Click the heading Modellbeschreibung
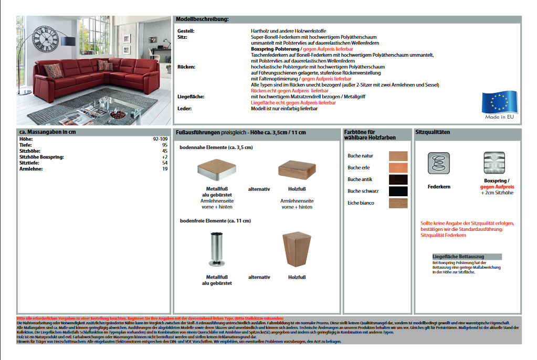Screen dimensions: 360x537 [203, 19]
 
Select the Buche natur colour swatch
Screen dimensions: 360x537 [398, 156]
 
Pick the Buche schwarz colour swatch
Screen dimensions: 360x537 [398, 191]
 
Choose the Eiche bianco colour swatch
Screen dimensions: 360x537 [398, 203]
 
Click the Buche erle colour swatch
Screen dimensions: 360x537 [398, 167]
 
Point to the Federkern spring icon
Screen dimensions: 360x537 [439, 162]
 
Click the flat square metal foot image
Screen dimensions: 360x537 [216, 170]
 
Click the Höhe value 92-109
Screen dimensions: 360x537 [160, 139]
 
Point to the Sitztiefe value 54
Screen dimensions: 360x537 [164, 163]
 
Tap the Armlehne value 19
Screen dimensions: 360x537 [164, 169]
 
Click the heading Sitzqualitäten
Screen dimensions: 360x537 [433, 132]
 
